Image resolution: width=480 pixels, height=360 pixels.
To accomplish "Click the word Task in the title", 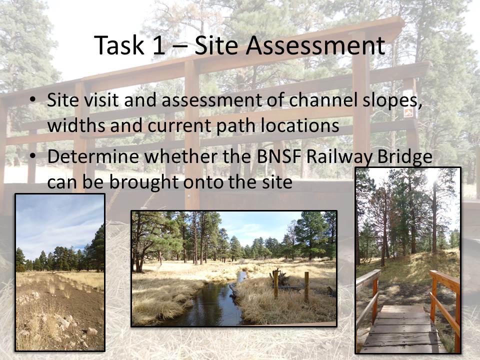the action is click(x=119, y=45).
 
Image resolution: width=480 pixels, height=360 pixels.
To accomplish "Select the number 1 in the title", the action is click(x=159, y=45).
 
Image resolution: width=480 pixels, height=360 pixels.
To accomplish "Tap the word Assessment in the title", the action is click(x=315, y=45).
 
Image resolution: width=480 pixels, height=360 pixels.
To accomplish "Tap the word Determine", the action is click(x=93, y=156).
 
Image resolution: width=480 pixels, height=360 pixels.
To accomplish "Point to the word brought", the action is click(x=144, y=183).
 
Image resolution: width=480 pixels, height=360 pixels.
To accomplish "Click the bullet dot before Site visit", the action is click(x=32, y=100).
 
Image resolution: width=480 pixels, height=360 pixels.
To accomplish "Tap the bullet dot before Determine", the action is click(x=32, y=156).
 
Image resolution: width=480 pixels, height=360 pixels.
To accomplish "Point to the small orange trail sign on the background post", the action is click(x=408, y=112).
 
